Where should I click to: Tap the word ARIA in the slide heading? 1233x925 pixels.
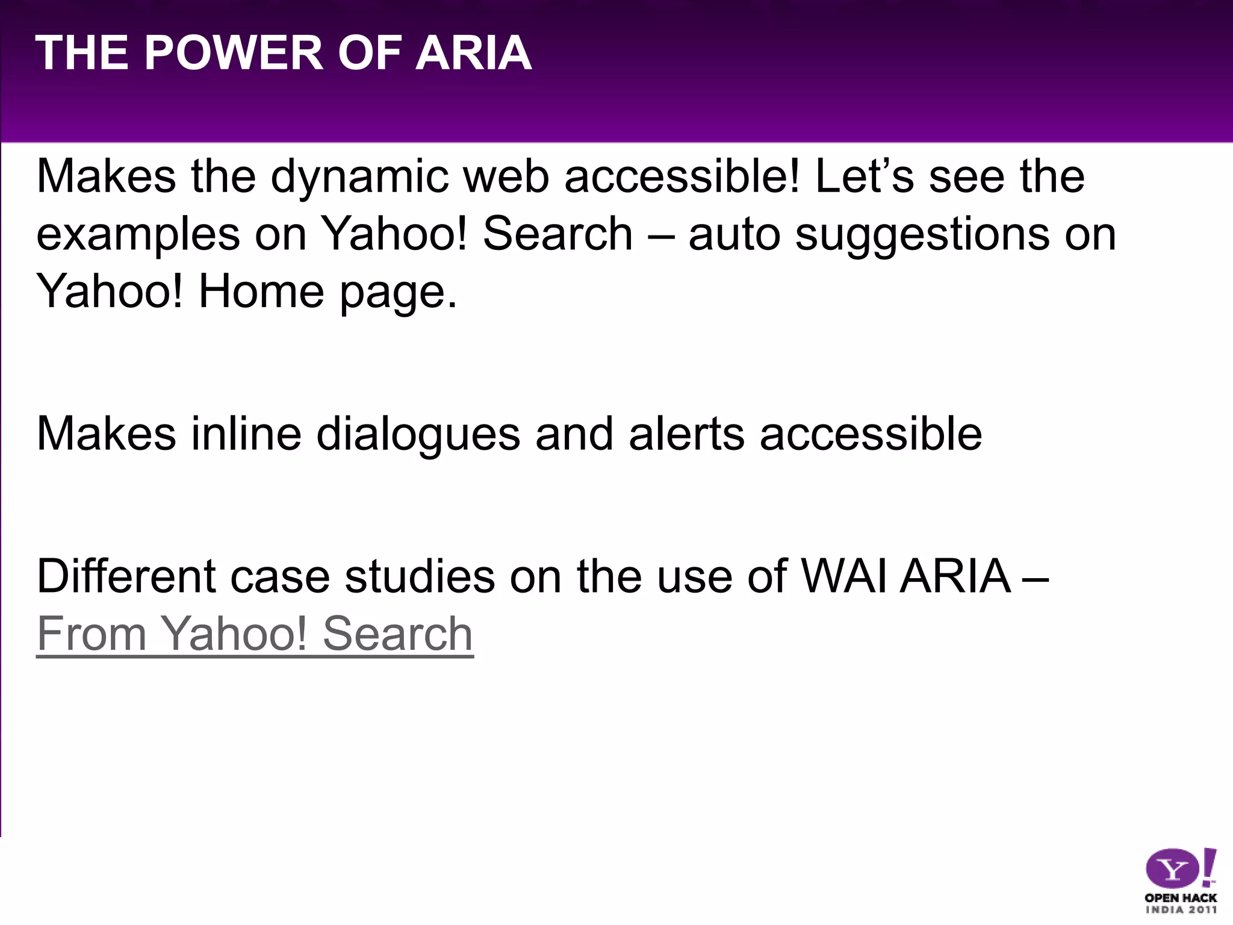click(x=473, y=53)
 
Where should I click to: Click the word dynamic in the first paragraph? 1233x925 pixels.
click(x=359, y=178)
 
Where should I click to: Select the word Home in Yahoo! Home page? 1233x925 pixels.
click(x=261, y=291)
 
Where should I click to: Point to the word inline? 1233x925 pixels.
click(x=246, y=434)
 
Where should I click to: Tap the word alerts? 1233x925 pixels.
click(x=686, y=434)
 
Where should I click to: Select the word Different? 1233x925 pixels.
click(x=126, y=576)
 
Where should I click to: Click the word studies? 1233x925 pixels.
click(x=420, y=576)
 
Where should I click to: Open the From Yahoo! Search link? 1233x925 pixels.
click(x=255, y=634)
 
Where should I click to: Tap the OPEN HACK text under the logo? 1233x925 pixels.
click(x=1181, y=898)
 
